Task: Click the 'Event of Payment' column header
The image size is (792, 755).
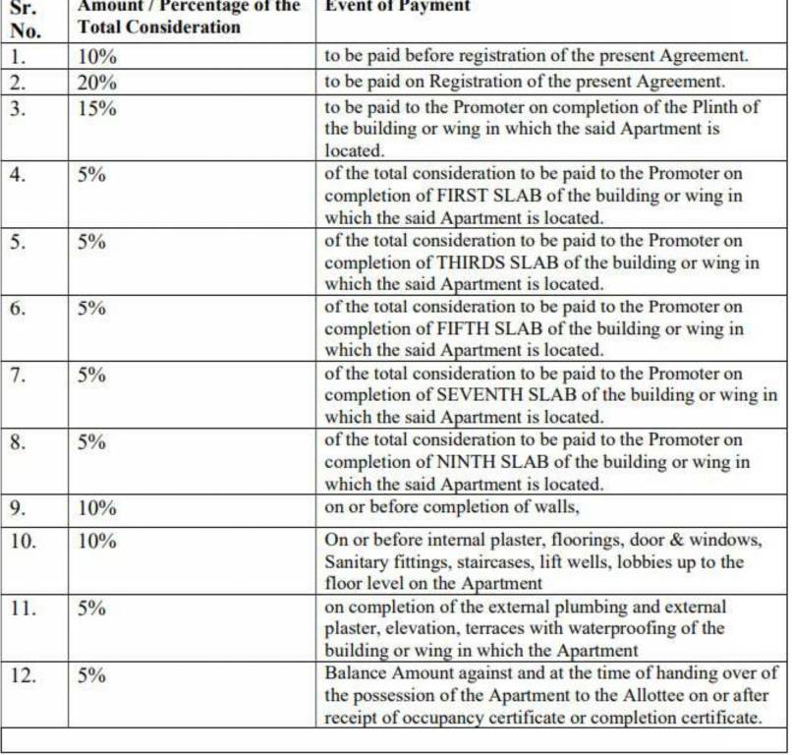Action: (x=397, y=7)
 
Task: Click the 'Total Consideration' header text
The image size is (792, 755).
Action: (x=159, y=28)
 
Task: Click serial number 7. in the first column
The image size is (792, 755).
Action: (x=19, y=376)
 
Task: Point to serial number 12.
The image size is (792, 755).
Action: (x=23, y=676)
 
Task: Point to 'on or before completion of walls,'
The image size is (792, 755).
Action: (x=453, y=508)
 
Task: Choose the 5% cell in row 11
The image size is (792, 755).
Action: (x=92, y=609)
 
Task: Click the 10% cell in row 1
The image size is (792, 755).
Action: (x=97, y=57)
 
